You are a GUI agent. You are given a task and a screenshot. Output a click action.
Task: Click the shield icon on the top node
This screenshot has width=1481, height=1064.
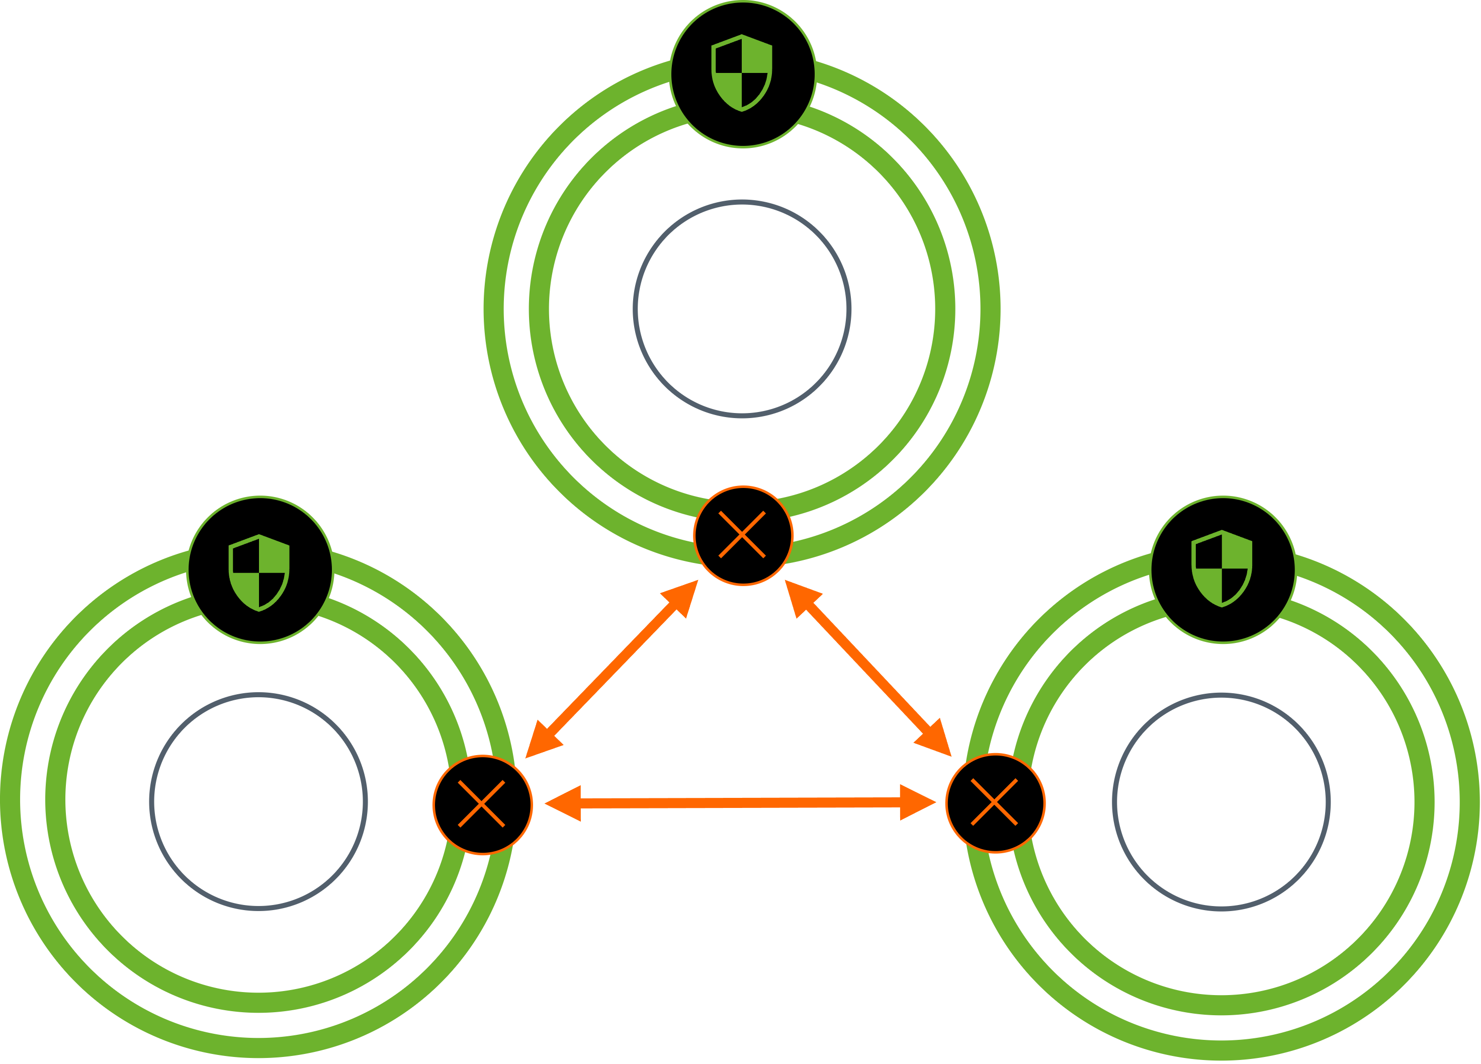coord(742,73)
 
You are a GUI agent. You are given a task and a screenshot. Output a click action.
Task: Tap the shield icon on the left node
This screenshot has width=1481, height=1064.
coord(259,573)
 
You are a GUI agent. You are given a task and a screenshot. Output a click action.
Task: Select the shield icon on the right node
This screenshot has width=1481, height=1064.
coord(1222,569)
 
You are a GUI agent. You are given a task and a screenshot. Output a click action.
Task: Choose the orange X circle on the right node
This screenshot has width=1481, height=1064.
coord(995,803)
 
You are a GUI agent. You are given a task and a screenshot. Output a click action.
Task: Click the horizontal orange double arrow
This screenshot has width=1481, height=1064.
coord(740,803)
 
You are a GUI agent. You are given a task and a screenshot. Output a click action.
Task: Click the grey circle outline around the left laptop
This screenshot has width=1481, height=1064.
coord(258,694)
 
